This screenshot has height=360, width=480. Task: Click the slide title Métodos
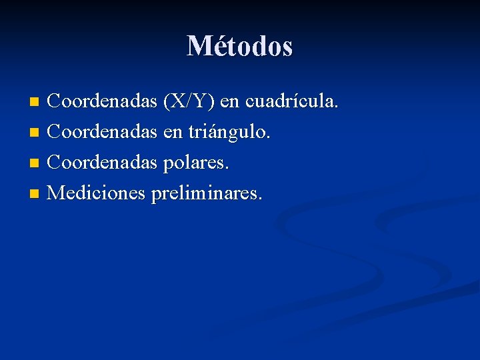click(240, 46)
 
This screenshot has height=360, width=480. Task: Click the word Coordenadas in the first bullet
click(103, 102)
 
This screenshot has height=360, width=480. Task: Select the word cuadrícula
click(292, 102)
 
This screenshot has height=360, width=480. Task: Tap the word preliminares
click(207, 193)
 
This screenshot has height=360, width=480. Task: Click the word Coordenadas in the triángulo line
click(103, 132)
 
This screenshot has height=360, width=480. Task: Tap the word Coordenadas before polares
click(103, 162)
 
